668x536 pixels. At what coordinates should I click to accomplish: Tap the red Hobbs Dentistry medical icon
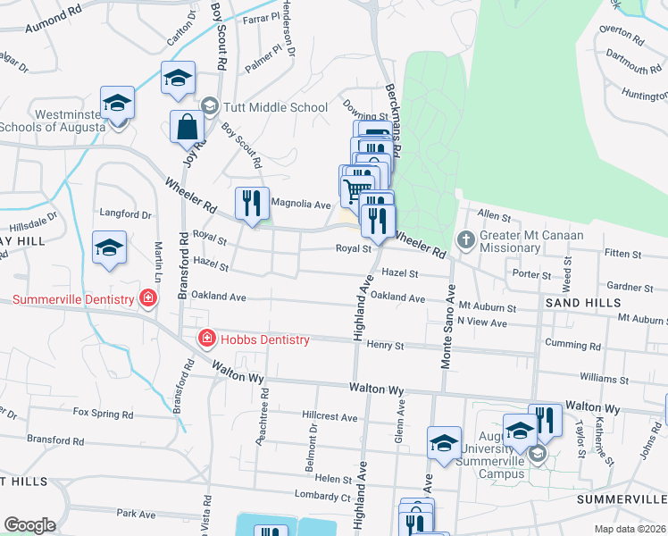206,339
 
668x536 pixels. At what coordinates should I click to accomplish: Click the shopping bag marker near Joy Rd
189,128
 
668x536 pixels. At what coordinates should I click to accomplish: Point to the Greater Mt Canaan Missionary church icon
464,239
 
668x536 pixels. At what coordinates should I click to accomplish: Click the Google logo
29,525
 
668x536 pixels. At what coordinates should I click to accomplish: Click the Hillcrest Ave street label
330,417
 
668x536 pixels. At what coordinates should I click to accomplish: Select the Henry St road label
386,345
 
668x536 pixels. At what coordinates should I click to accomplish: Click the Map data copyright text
630,529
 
